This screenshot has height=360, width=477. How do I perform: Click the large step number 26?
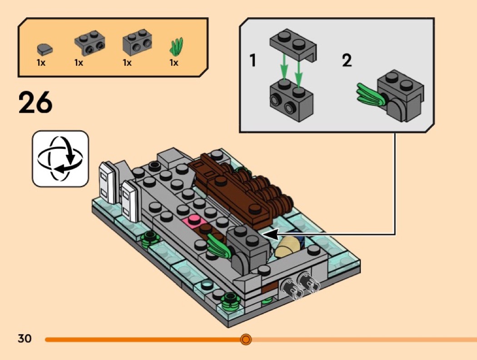pyautogui.click(x=35, y=104)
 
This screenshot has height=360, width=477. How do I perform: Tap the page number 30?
pyautogui.click(x=25, y=339)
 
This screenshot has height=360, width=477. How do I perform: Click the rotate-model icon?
pyautogui.click(x=60, y=158)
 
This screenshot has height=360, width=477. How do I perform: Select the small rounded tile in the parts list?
pyautogui.click(x=45, y=48)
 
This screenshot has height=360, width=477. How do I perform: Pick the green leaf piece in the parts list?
pyautogui.click(x=177, y=46)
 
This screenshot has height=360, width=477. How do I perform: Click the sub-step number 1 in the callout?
pyautogui.click(x=253, y=60)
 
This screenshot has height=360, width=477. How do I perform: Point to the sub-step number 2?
pyautogui.click(x=347, y=60)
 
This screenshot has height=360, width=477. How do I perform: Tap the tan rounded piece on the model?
pyautogui.click(x=287, y=246)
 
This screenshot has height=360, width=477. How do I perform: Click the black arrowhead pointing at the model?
pyautogui.click(x=270, y=234)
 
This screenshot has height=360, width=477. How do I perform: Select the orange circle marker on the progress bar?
pyautogui.click(x=246, y=339)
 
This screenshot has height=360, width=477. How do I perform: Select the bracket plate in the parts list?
pyautogui.click(x=88, y=42)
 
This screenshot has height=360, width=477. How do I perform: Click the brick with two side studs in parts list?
pyautogui.click(x=137, y=44)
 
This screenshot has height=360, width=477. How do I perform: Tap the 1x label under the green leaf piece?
pyautogui.click(x=174, y=63)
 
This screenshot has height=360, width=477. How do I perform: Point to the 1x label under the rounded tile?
pyautogui.click(x=41, y=63)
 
